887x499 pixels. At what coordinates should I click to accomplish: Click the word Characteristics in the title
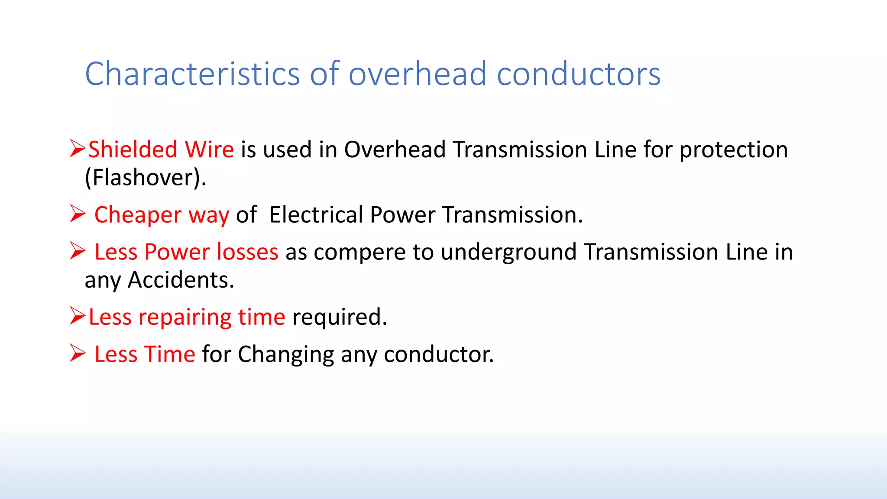coord(192,74)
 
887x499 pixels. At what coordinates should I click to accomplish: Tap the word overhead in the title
coord(418,74)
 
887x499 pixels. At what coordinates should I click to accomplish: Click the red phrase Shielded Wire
coord(161,150)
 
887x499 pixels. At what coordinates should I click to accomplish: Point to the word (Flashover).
coord(146,178)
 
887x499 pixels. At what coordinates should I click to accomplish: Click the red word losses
coord(247,252)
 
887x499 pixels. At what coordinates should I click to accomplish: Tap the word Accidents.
coord(181,280)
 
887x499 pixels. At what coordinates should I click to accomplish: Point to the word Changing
coord(285,355)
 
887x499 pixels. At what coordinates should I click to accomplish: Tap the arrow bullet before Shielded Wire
coord(78,149)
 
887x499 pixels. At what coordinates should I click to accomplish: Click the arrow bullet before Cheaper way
coord(78,214)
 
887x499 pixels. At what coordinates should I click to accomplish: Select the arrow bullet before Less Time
coord(78,353)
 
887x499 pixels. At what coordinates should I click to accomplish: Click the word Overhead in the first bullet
coord(395,150)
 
